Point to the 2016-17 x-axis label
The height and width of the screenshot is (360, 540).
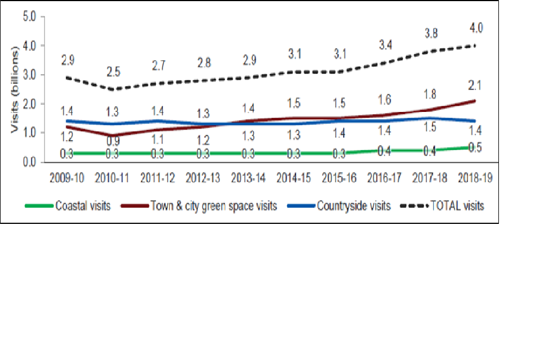(385, 178)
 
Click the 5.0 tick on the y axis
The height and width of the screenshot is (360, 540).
(29, 16)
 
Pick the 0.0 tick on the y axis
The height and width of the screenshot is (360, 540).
(29, 163)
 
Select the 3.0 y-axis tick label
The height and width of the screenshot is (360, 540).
(29, 75)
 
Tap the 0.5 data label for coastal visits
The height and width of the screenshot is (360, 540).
(476, 147)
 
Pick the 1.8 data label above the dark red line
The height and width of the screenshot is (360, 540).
(431, 93)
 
